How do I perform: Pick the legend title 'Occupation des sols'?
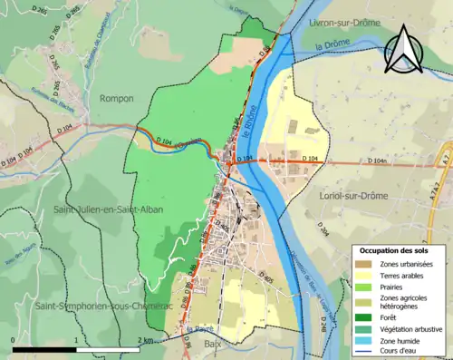(x=394, y=249)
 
